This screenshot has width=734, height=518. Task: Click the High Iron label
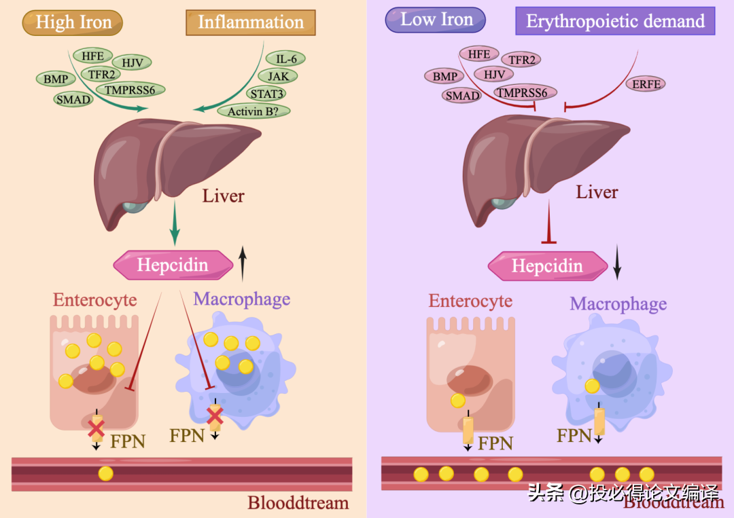pyautogui.click(x=73, y=22)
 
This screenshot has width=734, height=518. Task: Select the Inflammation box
pyautogui.click(x=250, y=22)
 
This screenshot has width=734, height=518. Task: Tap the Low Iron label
pyautogui.click(x=436, y=20)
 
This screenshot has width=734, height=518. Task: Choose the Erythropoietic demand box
pyautogui.click(x=615, y=21)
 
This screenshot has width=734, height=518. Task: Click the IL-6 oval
pyautogui.click(x=285, y=59)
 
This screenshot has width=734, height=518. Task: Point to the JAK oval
pyautogui.click(x=278, y=76)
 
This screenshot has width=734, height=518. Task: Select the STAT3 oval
pyautogui.click(x=266, y=94)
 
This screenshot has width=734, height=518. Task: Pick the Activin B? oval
pyautogui.click(x=254, y=111)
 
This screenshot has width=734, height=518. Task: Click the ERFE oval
pyautogui.click(x=646, y=84)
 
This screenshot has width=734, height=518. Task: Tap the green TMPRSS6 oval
pyautogui.click(x=130, y=90)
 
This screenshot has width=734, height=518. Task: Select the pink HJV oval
pyautogui.click(x=494, y=74)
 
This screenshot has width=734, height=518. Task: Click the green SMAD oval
pyautogui.click(x=73, y=99)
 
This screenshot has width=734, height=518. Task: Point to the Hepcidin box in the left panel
pyautogui.click(x=173, y=265)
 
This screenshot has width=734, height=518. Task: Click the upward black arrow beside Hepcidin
pyautogui.click(x=243, y=263)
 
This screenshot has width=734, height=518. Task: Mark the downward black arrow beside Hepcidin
pyautogui.click(x=617, y=262)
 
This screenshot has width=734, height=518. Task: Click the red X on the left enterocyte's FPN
pyautogui.click(x=97, y=428)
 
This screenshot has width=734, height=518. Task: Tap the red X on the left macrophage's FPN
pyautogui.click(x=215, y=415)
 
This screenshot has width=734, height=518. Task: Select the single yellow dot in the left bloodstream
pyautogui.click(x=106, y=474)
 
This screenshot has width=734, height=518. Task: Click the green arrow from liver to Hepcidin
pyautogui.click(x=175, y=223)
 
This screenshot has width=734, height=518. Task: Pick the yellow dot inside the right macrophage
pyautogui.click(x=592, y=386)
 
